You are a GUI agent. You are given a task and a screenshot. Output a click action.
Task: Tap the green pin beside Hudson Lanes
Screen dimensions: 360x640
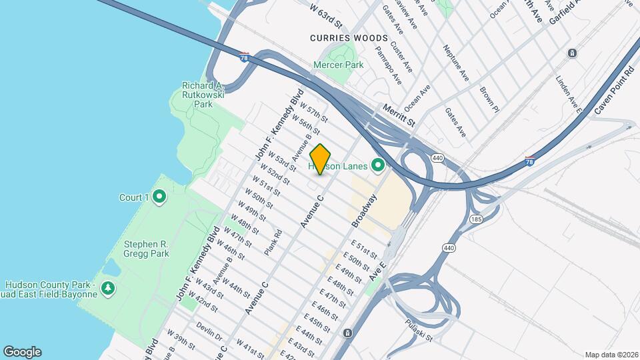tap(379, 164)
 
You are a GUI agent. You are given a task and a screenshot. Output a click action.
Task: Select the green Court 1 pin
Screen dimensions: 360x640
tap(159, 197)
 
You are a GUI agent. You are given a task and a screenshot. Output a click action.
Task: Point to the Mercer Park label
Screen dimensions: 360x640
tap(339, 65)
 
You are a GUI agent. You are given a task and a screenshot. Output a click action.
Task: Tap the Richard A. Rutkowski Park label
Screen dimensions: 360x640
tap(202, 95)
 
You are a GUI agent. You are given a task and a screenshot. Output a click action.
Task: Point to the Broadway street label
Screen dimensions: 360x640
tap(364, 210)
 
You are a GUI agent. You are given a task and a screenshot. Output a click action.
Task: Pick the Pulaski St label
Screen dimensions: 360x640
tap(419, 330)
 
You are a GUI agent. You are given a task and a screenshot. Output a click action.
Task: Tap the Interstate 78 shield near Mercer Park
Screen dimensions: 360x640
tap(245, 57)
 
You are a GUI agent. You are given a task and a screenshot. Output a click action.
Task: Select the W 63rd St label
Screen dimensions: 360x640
tap(326, 15)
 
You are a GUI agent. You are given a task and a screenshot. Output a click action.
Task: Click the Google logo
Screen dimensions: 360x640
tap(22, 352)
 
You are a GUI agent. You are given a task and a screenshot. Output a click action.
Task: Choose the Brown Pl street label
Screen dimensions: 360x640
tap(489, 97)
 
